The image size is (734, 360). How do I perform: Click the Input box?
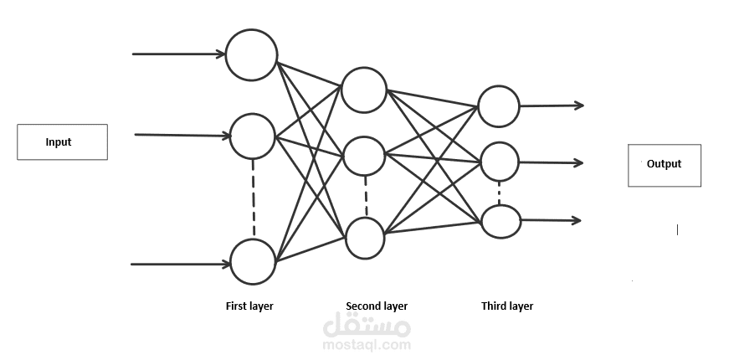[x=62, y=141]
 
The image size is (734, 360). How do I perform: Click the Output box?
[x=664, y=164]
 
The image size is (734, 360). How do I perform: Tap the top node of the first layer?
[x=251, y=54]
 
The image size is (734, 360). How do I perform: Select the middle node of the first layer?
[x=252, y=136]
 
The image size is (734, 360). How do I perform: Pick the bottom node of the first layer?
[x=252, y=261]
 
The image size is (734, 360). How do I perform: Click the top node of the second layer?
[x=364, y=89]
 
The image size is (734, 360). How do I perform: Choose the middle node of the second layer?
[x=364, y=155]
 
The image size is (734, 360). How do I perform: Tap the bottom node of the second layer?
[x=364, y=237]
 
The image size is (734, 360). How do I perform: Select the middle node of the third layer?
[x=499, y=162]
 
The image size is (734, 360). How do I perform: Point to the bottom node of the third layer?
[x=499, y=220]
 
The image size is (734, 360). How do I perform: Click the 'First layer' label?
[x=249, y=306]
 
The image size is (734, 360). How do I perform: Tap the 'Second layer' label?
[x=377, y=306]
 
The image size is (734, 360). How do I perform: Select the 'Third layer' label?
[x=507, y=306]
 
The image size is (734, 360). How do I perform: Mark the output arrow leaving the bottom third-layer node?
[x=550, y=221]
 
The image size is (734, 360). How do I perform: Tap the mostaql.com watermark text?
[x=367, y=344]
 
